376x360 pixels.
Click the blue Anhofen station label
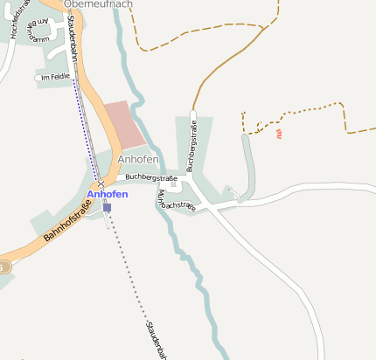tap(108, 193)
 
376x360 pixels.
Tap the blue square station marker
tap(107, 208)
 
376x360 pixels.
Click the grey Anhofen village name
tap(137, 160)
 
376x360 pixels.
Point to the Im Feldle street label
tap(52, 78)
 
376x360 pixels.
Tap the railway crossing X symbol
tap(101, 183)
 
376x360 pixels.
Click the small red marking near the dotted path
tap(279, 134)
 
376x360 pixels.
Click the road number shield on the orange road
tap(3, 267)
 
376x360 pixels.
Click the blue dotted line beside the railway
tap(85, 131)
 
